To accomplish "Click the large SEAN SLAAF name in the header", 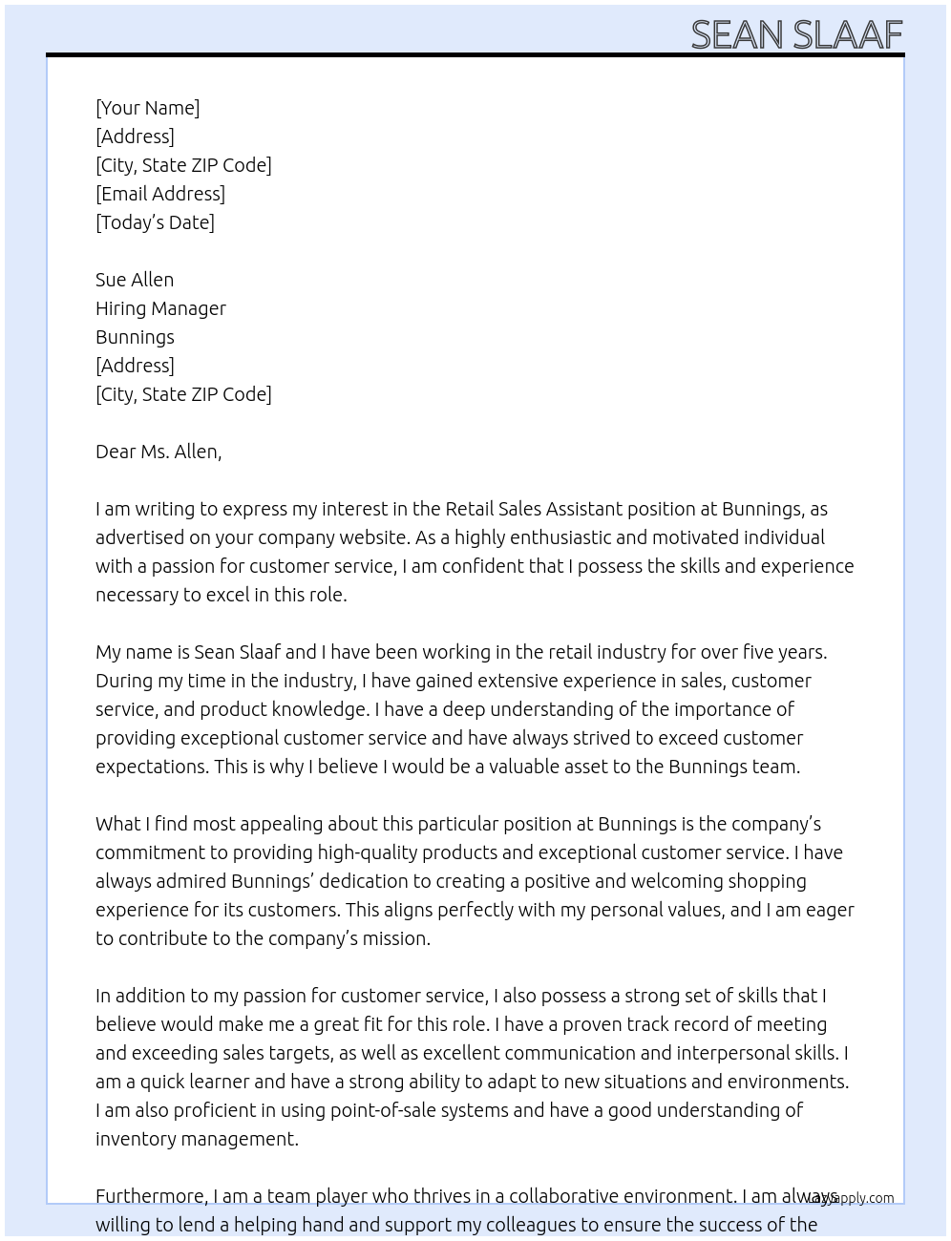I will pyautogui.click(x=796, y=34).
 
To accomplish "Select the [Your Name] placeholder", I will pyautogui.click(x=147, y=108).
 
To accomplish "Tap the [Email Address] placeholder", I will pyautogui.click(x=160, y=194).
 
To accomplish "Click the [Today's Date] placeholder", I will pyautogui.click(x=155, y=222).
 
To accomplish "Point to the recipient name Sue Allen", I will pyautogui.click(x=135, y=280).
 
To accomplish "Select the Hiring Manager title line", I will pyautogui.click(x=160, y=308).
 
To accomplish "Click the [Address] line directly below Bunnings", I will pyautogui.click(x=135, y=366).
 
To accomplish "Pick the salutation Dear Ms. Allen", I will pyautogui.click(x=158, y=452).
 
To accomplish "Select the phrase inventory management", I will pyautogui.click(x=197, y=1139).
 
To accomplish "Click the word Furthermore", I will pyautogui.click(x=151, y=1196).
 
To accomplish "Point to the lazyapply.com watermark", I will pyautogui.click(x=852, y=1198).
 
